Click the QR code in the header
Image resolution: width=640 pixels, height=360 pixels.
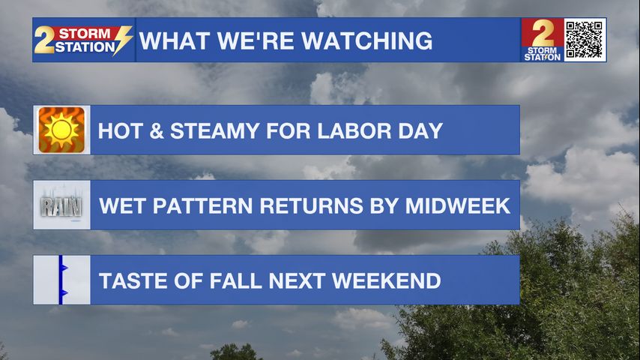[x=585, y=40]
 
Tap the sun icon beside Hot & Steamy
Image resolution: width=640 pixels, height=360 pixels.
[x=61, y=130]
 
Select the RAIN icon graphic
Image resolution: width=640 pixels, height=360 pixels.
[x=61, y=206]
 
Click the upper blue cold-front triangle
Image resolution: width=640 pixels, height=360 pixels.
[x=64, y=268]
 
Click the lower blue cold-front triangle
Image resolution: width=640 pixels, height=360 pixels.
[x=64, y=293]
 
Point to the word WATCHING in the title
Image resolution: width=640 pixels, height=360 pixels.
[x=367, y=40]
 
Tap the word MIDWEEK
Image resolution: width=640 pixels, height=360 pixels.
[x=458, y=205]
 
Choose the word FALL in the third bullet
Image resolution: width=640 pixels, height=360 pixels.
[x=236, y=280]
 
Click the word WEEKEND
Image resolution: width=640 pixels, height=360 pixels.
[x=387, y=280]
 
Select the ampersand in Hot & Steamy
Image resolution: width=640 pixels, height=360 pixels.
[x=157, y=130]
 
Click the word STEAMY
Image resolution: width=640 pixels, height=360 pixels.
[x=214, y=130]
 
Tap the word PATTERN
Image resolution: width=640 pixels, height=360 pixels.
[x=202, y=205]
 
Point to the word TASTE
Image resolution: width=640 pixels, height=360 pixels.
[x=133, y=280]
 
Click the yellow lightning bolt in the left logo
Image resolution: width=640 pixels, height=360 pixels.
[x=122, y=40]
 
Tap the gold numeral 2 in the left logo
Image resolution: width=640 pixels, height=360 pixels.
[x=43, y=40]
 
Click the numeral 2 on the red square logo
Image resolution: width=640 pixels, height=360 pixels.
[x=543, y=33]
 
